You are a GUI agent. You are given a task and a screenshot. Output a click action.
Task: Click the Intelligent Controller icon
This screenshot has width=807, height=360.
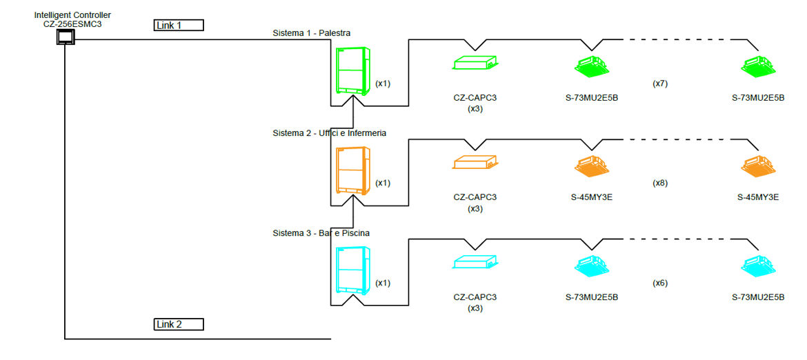coord(65,37)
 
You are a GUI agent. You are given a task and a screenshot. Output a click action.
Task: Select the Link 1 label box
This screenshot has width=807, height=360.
coord(179,26)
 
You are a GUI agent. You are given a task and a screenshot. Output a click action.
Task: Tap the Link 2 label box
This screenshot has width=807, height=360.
coord(179,324)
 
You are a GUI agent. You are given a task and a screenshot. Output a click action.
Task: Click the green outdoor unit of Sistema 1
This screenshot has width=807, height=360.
coord(353,70)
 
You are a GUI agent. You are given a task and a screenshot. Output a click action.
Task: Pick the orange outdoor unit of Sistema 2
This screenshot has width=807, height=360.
coord(353,170)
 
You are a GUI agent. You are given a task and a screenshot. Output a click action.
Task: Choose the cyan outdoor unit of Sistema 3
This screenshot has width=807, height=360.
coord(353,270)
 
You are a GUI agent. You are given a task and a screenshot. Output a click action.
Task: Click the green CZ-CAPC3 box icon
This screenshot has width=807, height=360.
coord(475,63)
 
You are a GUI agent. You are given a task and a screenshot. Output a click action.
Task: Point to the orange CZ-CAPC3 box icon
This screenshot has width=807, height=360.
coord(475,163)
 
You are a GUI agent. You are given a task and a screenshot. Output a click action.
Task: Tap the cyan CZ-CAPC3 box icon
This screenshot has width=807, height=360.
coord(475,263)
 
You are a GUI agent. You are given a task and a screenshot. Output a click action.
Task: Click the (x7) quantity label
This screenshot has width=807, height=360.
coord(660,83)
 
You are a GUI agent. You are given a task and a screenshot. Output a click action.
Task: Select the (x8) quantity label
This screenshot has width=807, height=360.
coord(660,183)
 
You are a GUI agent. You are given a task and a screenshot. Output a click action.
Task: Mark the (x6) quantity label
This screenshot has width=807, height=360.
coord(660,283)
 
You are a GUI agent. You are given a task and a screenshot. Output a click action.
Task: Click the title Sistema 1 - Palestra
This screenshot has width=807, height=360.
coord(312,33)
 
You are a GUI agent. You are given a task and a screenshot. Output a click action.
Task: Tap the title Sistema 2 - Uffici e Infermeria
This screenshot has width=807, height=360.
coord(329,133)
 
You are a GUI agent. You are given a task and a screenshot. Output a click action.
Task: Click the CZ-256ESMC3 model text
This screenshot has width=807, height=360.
coord(72,24)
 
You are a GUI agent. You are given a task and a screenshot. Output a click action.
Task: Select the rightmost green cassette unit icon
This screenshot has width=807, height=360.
coord(758,66)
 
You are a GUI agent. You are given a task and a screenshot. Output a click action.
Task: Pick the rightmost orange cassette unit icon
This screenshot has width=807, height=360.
coord(758,166)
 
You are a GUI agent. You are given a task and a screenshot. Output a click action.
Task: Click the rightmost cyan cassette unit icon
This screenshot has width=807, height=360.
coord(758,266)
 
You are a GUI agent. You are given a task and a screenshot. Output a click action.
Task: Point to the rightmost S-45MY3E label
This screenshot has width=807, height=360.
coord(758,197)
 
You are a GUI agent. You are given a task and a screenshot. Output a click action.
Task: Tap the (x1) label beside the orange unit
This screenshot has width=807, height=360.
coord(383,183)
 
